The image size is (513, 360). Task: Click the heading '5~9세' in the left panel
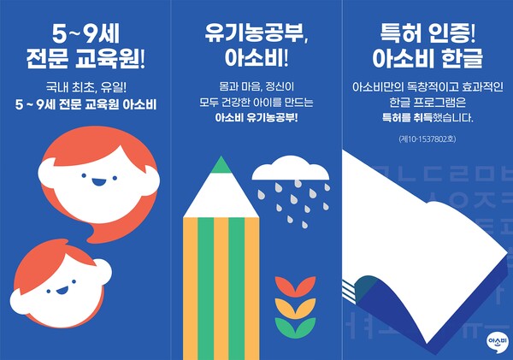pyautogui.click(x=84, y=37)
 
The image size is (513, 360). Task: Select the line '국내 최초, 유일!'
pyautogui.click(x=84, y=88)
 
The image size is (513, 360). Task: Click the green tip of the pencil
pyautogui.click(x=221, y=164)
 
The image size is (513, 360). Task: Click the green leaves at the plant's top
pyautogui.click(x=292, y=286)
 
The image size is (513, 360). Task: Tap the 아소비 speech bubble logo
pyautogui.click(x=495, y=340)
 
